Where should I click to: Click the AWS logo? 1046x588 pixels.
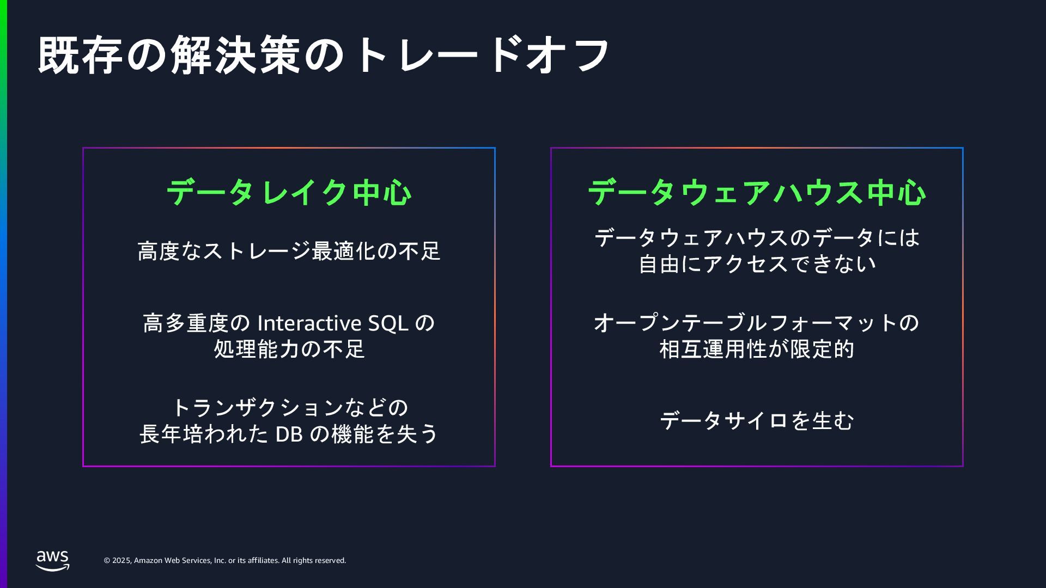(53, 560)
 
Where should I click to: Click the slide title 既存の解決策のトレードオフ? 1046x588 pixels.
(324, 55)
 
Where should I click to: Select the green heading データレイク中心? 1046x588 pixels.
(289, 192)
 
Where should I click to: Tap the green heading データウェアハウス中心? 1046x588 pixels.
(757, 192)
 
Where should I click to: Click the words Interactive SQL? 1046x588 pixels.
(333, 323)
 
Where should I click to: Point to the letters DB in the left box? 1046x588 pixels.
(289, 434)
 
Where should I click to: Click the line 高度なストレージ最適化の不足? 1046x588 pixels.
(289, 252)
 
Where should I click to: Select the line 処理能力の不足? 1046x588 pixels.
(289, 350)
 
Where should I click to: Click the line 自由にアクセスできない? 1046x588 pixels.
(757, 265)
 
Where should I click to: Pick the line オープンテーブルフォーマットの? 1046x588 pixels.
(757, 323)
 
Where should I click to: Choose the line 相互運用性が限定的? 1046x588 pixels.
(757, 350)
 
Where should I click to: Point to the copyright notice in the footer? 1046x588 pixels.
(225, 561)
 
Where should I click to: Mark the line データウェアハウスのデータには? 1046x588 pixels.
(757, 238)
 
